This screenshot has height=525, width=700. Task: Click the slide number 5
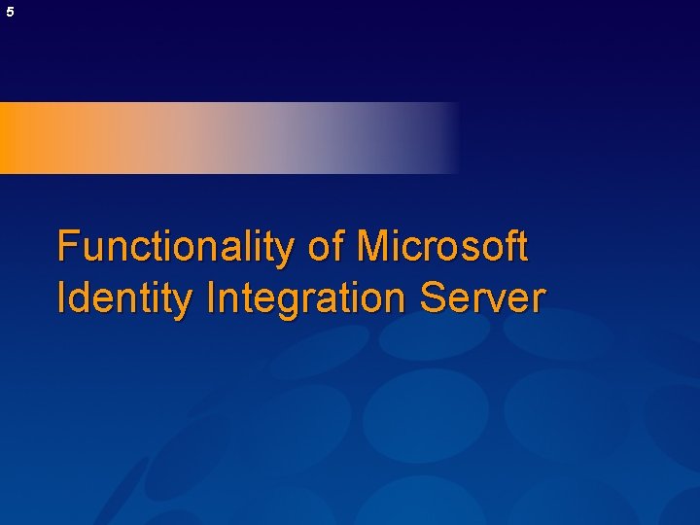tap(10, 13)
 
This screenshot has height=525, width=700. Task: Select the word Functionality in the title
tap(178, 247)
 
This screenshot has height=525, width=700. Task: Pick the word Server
tap(483, 297)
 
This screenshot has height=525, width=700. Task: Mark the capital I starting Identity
tap(61, 297)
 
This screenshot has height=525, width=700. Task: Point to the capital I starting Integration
tap(210, 297)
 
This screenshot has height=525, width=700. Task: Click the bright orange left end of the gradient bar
tap(19, 138)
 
